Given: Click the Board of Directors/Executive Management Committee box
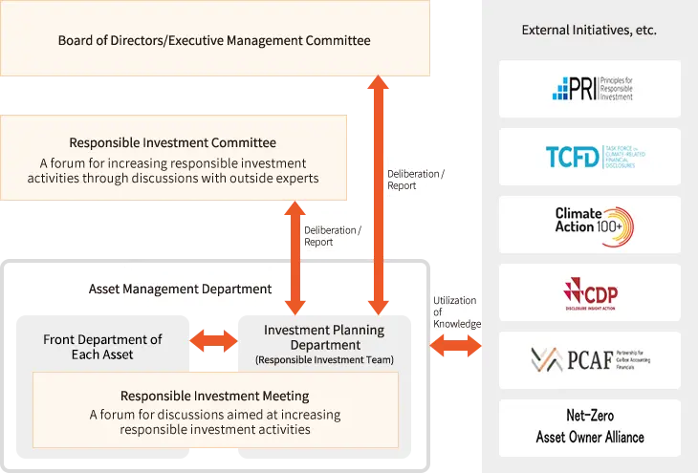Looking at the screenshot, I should (214, 41).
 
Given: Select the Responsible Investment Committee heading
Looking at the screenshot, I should (173, 143).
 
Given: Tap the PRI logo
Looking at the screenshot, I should (590, 89).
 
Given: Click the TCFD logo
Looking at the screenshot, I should (590, 157).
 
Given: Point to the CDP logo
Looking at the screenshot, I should (590, 291).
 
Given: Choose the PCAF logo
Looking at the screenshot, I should (590, 359).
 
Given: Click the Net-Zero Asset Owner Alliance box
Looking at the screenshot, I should (590, 427).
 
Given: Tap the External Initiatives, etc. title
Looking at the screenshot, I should (589, 31).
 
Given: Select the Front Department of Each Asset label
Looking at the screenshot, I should (102, 347).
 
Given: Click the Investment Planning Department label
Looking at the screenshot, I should (324, 337).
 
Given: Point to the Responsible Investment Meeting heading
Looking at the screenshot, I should (215, 396).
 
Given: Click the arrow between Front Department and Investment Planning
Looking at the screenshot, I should (214, 340).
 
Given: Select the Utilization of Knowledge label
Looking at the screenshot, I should (452, 312).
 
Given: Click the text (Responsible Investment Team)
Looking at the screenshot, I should (324, 360).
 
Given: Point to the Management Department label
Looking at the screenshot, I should (197, 289).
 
